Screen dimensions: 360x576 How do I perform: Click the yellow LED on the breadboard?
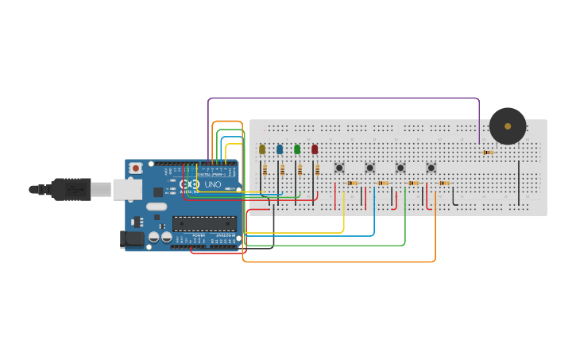point(262,149)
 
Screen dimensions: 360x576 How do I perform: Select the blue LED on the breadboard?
point(280,149)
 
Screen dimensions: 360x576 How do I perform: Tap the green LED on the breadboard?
point(297,149)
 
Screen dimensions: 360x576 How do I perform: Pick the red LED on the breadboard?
point(315,149)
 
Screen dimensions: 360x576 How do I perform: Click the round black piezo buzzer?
point(508,126)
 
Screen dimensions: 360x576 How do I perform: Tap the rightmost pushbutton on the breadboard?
point(431,168)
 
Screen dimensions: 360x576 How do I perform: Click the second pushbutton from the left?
point(369,168)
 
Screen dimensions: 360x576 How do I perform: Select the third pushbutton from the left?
point(400,168)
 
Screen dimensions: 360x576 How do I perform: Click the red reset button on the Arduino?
point(136,168)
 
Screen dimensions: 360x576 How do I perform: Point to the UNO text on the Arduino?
point(213,184)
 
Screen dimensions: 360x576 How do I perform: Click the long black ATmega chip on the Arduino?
point(204,223)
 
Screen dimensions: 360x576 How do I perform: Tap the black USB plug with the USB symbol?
point(72,189)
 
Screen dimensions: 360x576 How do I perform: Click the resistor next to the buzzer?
point(488,153)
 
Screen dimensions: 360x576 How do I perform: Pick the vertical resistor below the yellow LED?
point(265,169)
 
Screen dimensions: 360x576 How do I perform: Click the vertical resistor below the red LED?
point(317,169)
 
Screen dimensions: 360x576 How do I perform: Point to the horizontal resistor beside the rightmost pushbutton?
point(444,183)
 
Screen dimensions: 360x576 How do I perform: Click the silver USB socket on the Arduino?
point(127,189)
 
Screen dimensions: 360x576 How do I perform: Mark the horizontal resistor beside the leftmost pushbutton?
point(352,183)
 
